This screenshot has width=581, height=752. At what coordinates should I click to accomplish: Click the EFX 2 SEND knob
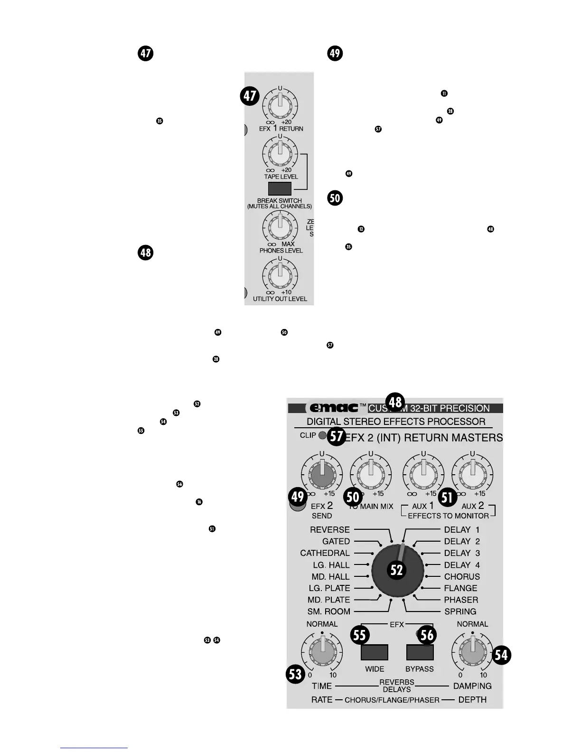point(322,473)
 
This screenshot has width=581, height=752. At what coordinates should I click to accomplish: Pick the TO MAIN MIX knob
point(371,473)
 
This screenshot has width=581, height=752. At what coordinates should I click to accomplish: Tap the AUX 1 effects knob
point(423,473)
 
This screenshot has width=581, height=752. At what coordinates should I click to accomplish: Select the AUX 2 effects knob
point(472,473)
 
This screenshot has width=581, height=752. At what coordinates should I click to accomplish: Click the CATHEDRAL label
point(325,553)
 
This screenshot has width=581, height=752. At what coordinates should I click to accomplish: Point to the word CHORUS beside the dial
point(462,577)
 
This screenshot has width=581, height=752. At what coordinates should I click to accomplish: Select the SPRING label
point(460,611)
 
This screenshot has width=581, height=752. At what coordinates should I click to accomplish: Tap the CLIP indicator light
point(322,435)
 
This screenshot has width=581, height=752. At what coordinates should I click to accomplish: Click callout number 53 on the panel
point(296,674)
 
